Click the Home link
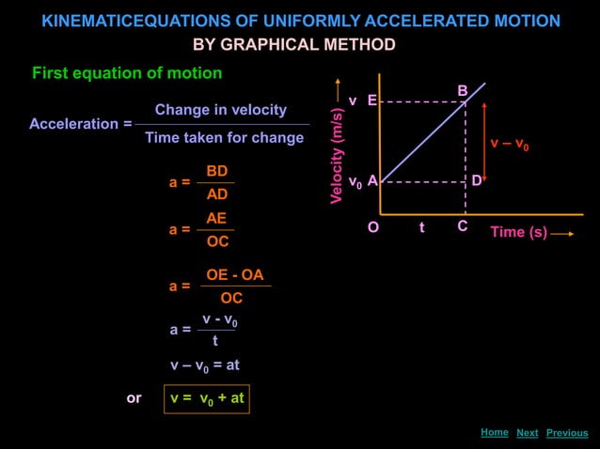point(494,432)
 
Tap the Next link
point(528,433)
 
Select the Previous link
point(567,433)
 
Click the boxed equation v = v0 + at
point(207,398)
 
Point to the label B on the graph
point(463,90)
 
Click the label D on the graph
point(477,180)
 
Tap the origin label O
point(373,227)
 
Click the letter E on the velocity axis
point(372,101)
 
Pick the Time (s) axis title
point(518,232)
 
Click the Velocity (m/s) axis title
point(336,156)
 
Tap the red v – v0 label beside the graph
point(509,145)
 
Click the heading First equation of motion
point(127,73)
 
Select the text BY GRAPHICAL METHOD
point(294,45)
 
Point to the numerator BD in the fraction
point(217,171)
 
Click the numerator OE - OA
point(235,275)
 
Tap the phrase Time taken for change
point(224,138)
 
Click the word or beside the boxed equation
point(134,398)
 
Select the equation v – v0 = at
point(205,364)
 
